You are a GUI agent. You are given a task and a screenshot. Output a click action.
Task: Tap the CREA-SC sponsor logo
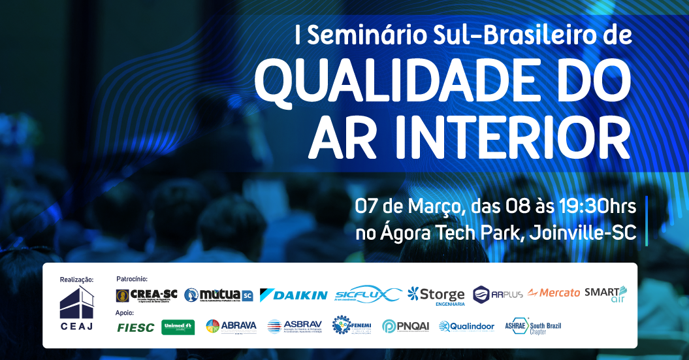146,295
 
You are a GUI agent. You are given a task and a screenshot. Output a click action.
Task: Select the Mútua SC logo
218,295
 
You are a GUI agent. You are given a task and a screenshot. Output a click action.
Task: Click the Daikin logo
293,295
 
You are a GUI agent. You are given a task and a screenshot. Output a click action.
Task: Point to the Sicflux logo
367,295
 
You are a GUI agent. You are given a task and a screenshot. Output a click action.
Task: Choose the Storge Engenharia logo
436,295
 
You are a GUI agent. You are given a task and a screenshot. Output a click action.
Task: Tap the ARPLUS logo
498,294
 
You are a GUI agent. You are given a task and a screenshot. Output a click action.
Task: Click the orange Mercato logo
554,293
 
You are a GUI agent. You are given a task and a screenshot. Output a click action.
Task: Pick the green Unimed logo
178,327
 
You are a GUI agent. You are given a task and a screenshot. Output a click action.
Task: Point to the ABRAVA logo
231,326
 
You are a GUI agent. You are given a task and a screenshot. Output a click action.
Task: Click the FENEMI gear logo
353,325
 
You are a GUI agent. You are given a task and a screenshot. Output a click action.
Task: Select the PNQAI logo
406,326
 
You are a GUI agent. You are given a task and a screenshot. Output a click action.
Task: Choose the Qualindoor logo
466,326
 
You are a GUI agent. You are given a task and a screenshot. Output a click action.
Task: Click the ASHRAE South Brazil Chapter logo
533,326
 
